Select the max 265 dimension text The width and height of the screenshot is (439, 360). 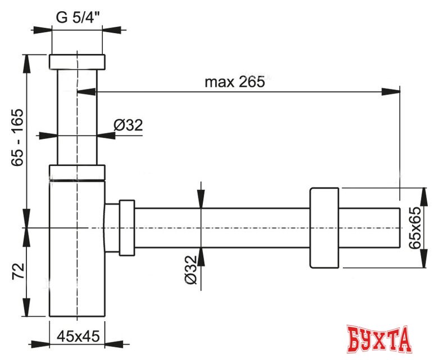pyautogui.click(x=234, y=82)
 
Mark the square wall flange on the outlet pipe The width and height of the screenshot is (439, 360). pyautogui.click(x=324, y=227)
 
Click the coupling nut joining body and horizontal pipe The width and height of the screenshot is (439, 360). pyautogui.click(x=126, y=227)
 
